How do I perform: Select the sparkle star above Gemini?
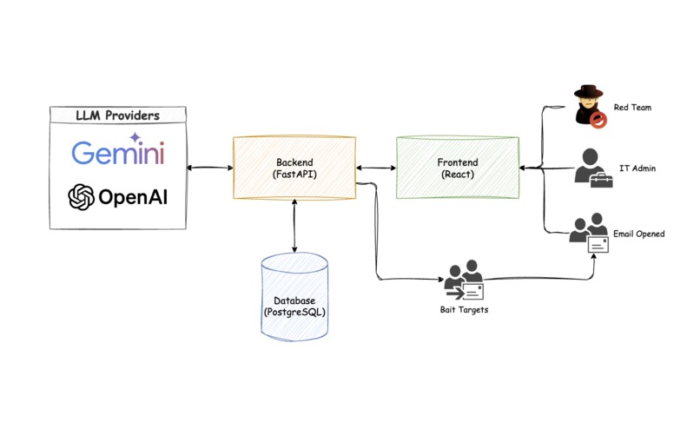tap(135, 136)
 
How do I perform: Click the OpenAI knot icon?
tap(82, 197)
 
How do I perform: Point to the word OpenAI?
tap(132, 198)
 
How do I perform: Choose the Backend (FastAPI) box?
tap(296, 168)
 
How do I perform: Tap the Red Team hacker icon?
tap(588, 107)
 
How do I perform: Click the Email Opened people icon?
tap(591, 233)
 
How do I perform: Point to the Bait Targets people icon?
tap(464, 280)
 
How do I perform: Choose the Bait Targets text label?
tap(464, 310)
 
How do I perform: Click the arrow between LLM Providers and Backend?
tap(210, 168)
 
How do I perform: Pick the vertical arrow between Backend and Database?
tap(295, 228)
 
